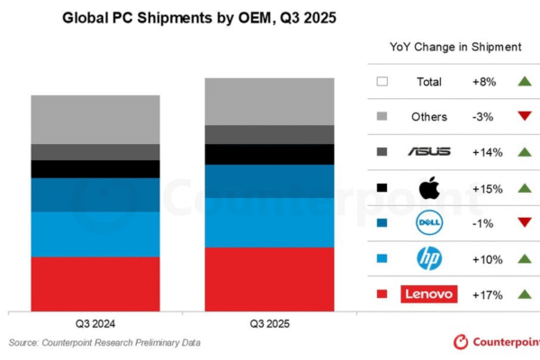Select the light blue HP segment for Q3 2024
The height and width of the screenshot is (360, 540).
(95, 234)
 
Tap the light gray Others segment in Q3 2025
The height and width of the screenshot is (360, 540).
(259, 101)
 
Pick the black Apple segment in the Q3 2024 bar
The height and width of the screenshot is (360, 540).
(95, 169)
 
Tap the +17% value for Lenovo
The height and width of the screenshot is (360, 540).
(486, 293)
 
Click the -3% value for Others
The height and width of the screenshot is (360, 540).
(486, 117)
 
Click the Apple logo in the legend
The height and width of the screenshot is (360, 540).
(429, 188)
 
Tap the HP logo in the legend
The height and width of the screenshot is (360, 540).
(429, 258)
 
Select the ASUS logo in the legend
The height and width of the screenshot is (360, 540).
(429, 152)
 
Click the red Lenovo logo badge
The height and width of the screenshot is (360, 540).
(429, 293)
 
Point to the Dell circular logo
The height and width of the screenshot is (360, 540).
(429, 223)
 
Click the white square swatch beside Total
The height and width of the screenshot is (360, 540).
(382, 82)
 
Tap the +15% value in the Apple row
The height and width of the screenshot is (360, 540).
(486, 188)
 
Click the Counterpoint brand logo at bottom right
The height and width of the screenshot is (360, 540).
(495, 343)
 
